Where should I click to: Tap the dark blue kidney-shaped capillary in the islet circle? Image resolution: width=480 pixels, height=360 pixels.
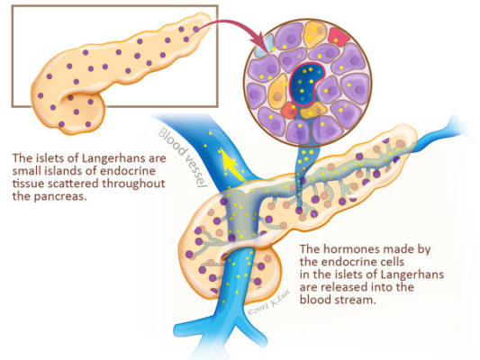pyautogui.click(x=303, y=84)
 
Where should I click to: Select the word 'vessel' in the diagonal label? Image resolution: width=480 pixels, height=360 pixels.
pyautogui.click(x=196, y=172)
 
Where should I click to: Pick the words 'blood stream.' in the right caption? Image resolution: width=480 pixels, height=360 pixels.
pyautogui.click(x=338, y=300)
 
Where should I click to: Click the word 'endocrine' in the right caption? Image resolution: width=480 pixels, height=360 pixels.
pyautogui.click(x=349, y=262)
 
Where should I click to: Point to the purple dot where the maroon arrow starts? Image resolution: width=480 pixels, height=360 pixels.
pyautogui.click(x=196, y=29)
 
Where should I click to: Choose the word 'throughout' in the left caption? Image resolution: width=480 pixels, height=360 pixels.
pyautogui.click(x=133, y=184)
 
